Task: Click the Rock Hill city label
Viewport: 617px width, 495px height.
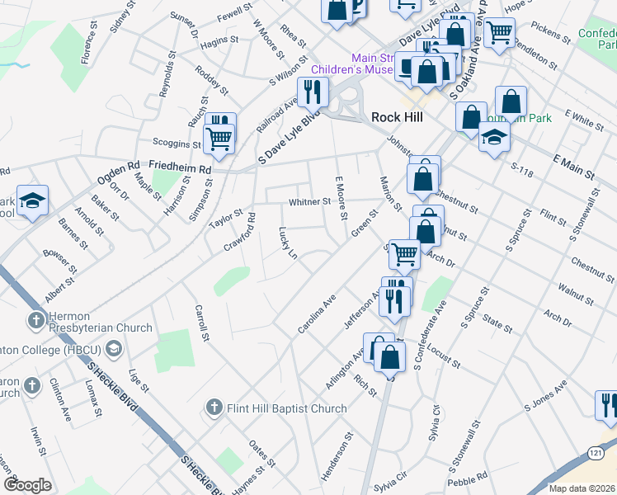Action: pyautogui.click(x=397, y=117)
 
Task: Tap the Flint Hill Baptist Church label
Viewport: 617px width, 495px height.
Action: pyautogui.click(x=287, y=408)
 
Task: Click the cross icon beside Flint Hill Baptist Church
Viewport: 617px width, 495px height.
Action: pyautogui.click(x=214, y=408)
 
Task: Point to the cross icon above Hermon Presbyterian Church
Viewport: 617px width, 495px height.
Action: pyautogui.click(x=35, y=319)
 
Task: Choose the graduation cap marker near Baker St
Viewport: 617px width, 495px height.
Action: pyautogui.click(x=32, y=200)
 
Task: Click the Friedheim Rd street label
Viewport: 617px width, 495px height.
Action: pyautogui.click(x=181, y=168)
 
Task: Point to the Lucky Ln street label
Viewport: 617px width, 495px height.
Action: pyautogui.click(x=287, y=243)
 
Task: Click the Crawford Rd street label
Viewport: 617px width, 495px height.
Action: pyautogui.click(x=242, y=233)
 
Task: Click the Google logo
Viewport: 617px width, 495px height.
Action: pyautogui.click(x=27, y=485)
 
